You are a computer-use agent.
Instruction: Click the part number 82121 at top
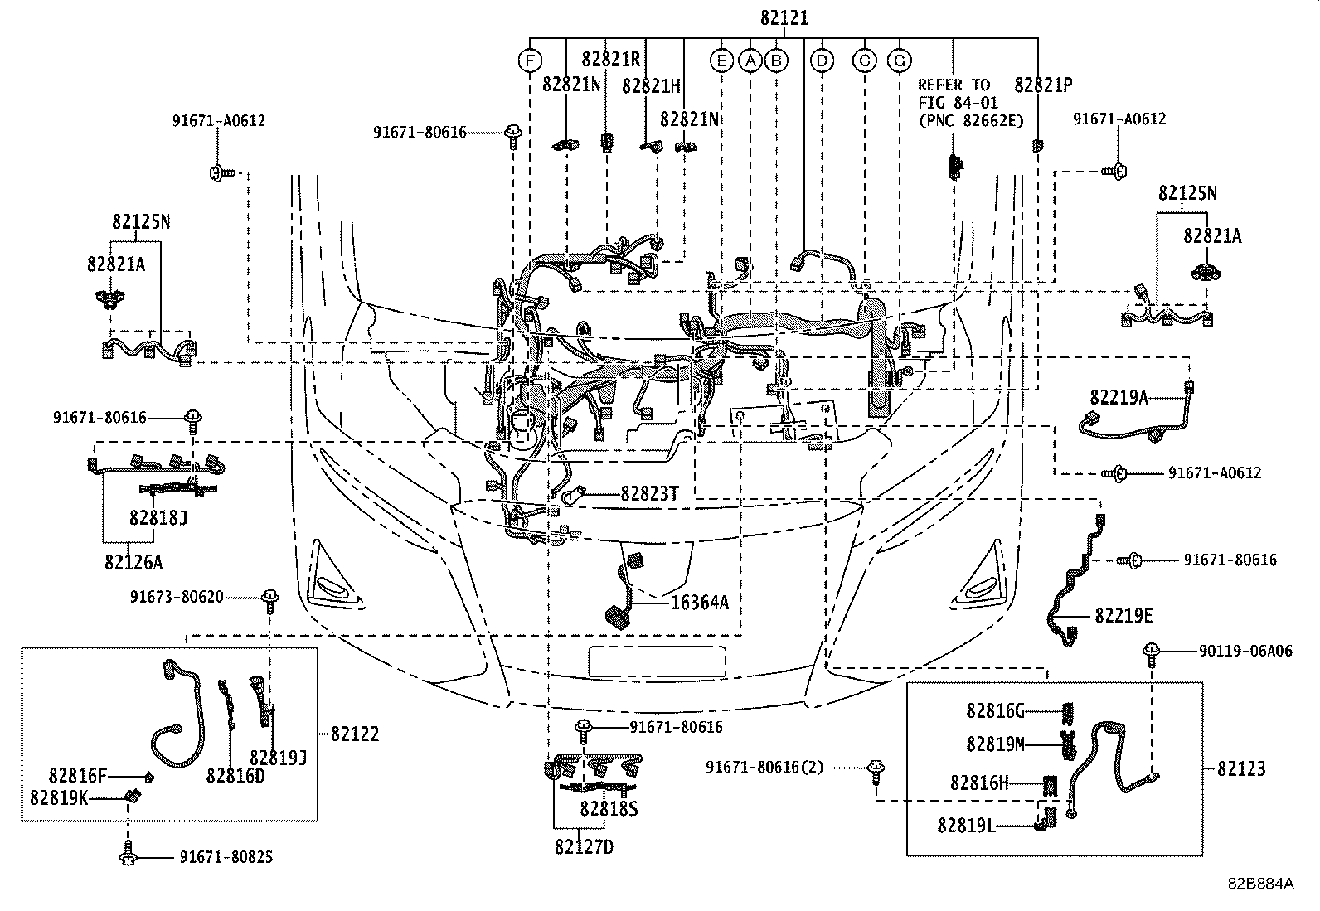[783, 17]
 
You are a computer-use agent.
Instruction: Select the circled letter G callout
[899, 61]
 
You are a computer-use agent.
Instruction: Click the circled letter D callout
[822, 61]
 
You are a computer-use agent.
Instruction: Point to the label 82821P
[1043, 85]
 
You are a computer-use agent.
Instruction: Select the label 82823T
[649, 493]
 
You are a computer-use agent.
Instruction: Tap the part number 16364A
[699, 603]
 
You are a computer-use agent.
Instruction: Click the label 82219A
[1119, 398]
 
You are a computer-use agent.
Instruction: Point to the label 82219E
[1123, 616]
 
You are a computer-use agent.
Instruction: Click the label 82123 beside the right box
[1241, 768]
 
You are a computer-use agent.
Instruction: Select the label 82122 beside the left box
[355, 734]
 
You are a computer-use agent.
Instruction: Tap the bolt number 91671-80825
[226, 857]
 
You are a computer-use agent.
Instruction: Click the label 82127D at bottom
[585, 846]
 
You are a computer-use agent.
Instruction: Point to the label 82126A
[133, 562]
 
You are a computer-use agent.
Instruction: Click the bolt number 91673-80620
[177, 596]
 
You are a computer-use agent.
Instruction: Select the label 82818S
[609, 808]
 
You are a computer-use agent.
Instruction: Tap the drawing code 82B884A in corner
[1261, 884]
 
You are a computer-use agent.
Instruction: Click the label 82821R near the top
[611, 59]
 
